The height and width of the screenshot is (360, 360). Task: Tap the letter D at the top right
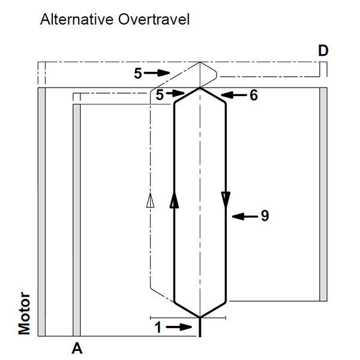point(323,52)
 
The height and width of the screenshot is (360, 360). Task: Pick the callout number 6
point(254,95)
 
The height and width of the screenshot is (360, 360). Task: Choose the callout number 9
point(264,215)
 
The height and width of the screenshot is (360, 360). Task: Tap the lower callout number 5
point(160,94)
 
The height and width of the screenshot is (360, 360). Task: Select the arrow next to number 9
point(243,215)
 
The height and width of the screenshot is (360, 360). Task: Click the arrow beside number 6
point(233,95)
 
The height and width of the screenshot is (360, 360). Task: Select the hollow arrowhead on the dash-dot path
point(150,202)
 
